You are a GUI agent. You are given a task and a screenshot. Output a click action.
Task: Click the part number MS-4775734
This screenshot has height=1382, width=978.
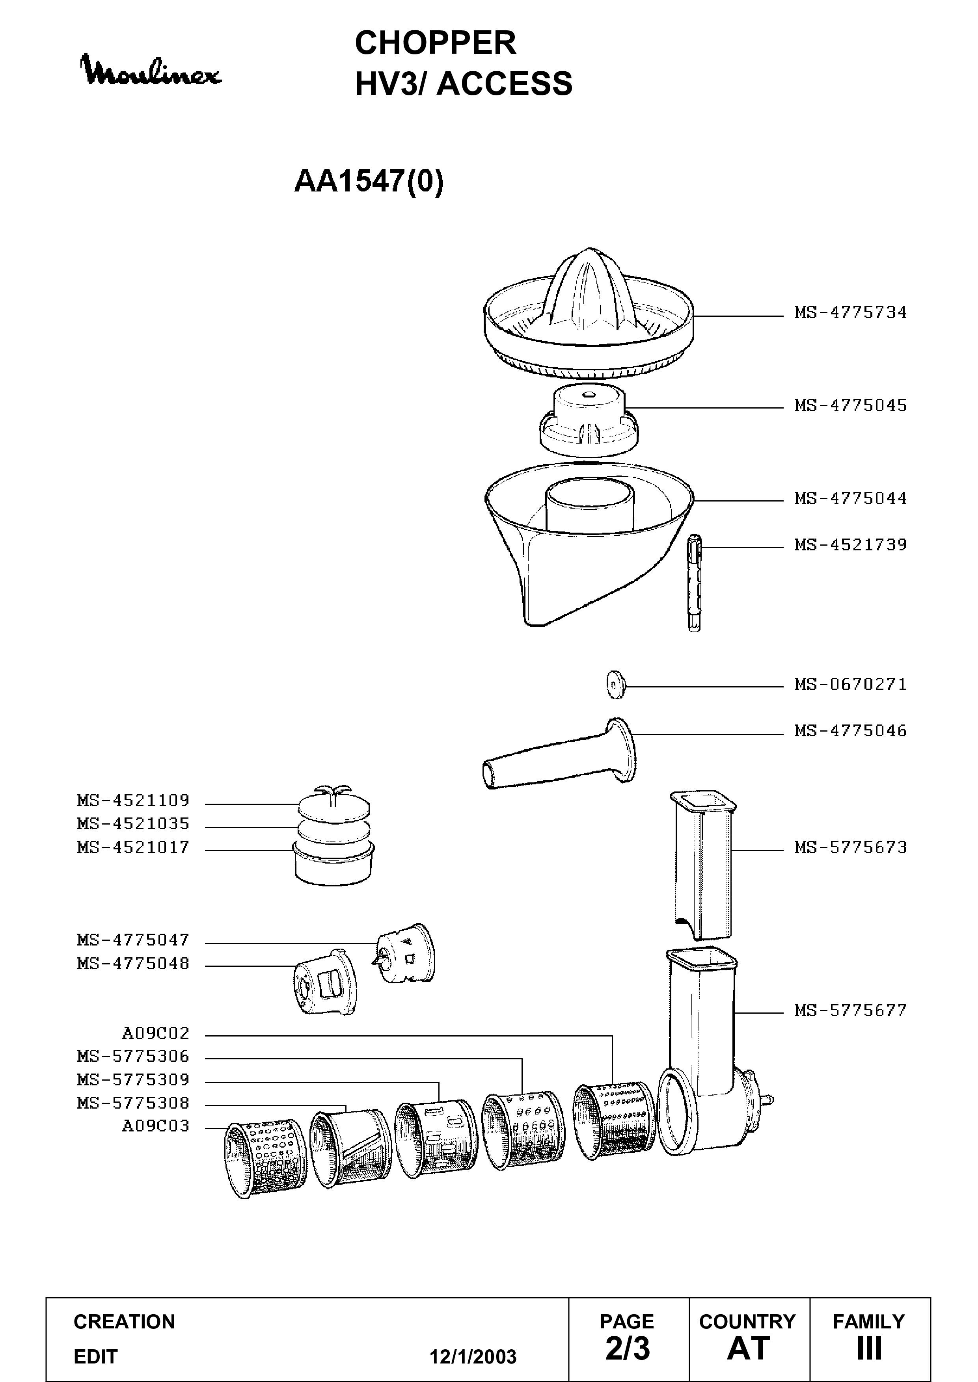tap(850, 312)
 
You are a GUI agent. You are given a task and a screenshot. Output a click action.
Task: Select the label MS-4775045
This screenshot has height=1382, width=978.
tap(850, 405)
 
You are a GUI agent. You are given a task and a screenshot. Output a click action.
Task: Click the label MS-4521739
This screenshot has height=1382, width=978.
tap(850, 545)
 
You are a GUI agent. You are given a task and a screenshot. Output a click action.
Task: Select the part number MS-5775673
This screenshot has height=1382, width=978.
tap(850, 847)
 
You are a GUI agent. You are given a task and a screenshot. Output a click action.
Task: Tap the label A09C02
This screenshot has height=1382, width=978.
tap(156, 1033)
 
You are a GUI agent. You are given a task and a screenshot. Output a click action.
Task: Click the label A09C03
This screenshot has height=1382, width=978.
tap(156, 1126)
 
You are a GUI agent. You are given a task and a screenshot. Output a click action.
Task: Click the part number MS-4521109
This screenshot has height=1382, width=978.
tap(133, 801)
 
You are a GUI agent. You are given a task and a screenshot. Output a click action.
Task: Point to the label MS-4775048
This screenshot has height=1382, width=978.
tap(133, 964)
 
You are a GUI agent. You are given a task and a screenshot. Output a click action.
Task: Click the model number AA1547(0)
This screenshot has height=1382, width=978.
tap(369, 181)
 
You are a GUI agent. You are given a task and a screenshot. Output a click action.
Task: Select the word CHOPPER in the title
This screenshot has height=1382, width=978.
tap(436, 43)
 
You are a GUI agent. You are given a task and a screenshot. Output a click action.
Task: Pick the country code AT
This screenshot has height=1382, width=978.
tap(749, 1348)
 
